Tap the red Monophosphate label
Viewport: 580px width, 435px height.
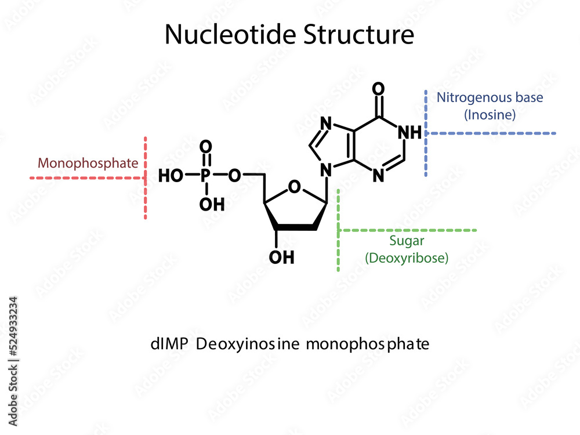[x=88, y=163]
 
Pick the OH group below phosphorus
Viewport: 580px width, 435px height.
[x=212, y=204]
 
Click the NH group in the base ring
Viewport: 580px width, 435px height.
[x=411, y=132]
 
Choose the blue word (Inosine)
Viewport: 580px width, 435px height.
[x=490, y=115]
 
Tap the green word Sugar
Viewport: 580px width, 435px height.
[x=407, y=241]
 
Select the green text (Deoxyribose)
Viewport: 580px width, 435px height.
[x=407, y=258]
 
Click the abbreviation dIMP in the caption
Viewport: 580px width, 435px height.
[x=169, y=344]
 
